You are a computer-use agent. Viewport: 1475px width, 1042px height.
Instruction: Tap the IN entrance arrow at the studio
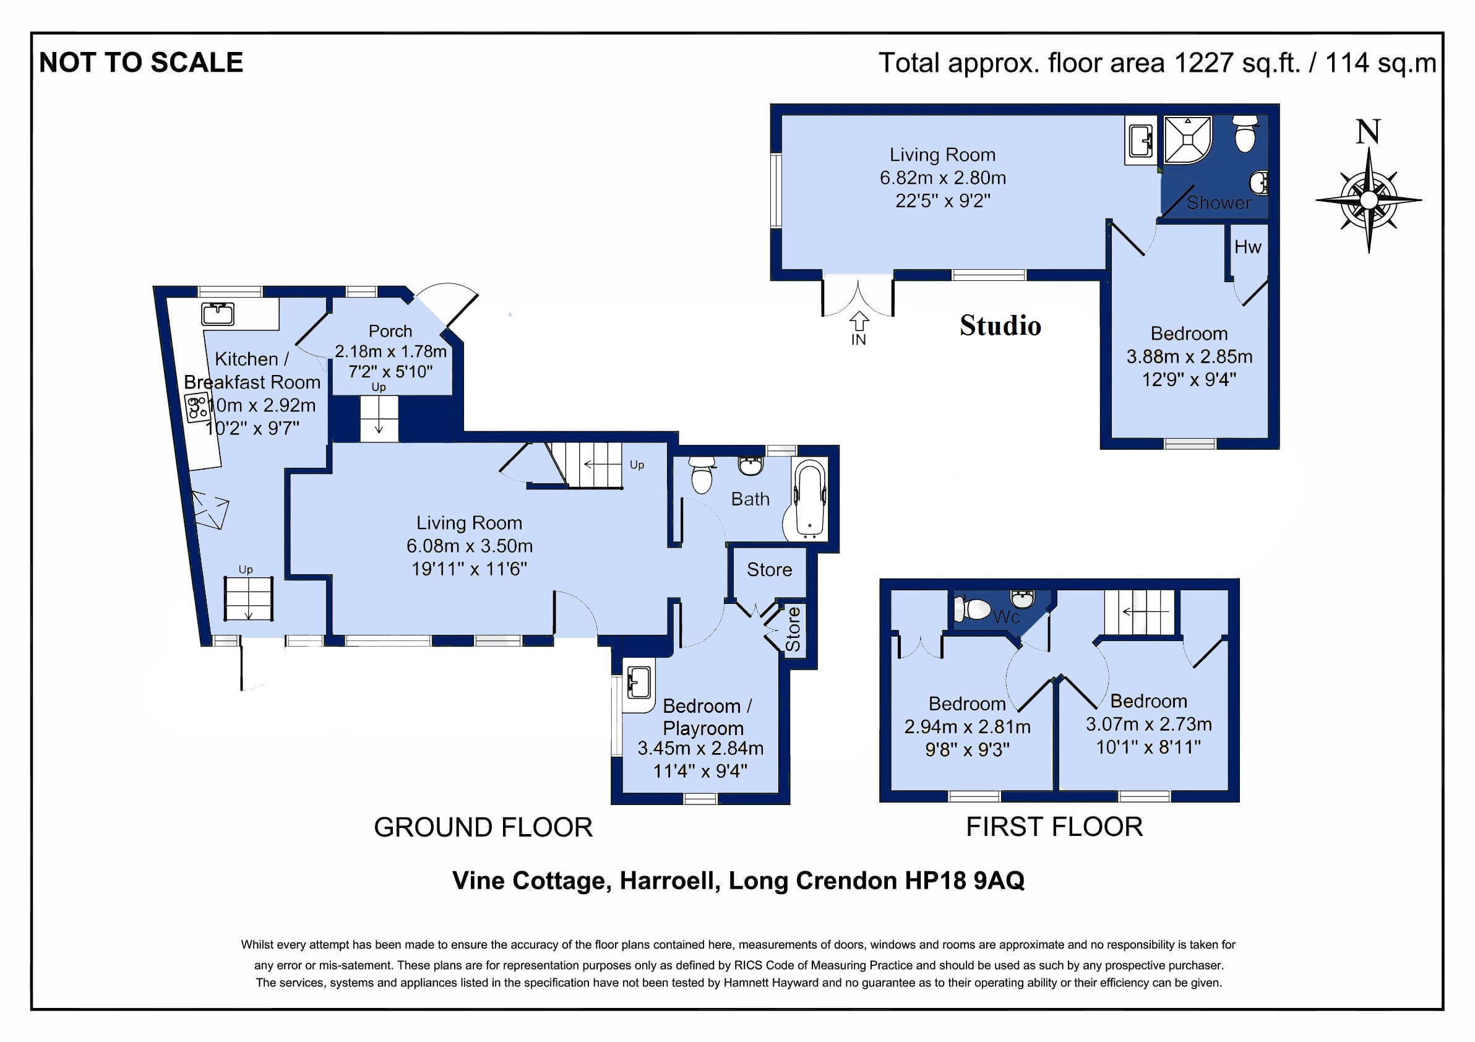[x=859, y=319]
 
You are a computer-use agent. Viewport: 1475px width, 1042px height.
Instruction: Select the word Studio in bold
[x=1000, y=325]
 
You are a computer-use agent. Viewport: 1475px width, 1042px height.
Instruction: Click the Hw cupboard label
[x=1247, y=247]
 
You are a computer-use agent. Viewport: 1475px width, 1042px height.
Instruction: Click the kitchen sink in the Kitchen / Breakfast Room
[x=218, y=314]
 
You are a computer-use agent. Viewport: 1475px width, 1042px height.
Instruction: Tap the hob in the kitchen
[x=197, y=408]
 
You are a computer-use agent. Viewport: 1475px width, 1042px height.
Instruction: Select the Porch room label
[x=390, y=331]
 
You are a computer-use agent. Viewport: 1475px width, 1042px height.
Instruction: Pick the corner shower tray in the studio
[x=1188, y=139]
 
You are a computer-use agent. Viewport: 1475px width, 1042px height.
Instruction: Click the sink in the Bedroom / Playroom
[x=639, y=682]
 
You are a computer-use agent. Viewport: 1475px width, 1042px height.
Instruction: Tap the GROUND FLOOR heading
[x=483, y=827]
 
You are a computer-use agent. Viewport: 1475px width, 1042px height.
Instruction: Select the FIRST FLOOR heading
[x=1054, y=827]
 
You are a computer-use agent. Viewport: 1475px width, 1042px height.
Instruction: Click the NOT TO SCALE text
[x=141, y=63]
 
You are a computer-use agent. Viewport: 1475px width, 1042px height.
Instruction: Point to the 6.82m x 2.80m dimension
[x=942, y=178]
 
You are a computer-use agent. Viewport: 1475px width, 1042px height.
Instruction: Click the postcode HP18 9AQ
[x=965, y=880]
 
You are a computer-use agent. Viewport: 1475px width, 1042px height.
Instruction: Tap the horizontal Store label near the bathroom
[x=769, y=570]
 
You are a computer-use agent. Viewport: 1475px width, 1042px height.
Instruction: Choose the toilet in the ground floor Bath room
[x=702, y=474]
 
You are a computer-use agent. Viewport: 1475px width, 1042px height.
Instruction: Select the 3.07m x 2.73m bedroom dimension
[x=1149, y=724]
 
